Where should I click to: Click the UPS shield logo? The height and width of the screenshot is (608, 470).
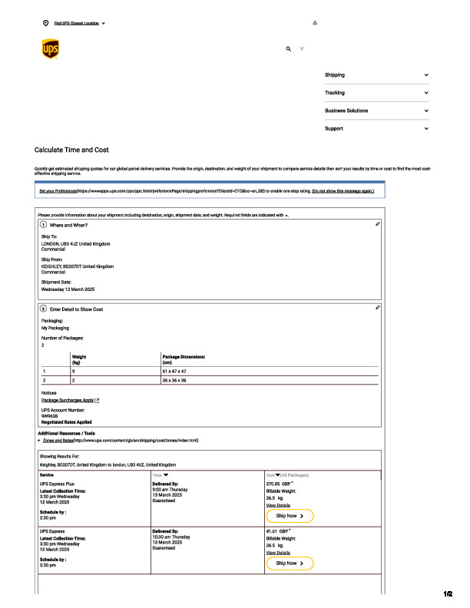[49, 49]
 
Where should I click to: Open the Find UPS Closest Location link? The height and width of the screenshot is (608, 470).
[74, 23]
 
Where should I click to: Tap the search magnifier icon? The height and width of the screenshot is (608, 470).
[289, 48]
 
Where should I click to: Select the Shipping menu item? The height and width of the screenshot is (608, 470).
[335, 75]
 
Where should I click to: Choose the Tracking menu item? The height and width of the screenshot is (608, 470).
[335, 93]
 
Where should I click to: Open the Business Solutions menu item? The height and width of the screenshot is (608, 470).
[346, 111]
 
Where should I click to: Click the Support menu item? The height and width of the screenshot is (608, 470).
[334, 128]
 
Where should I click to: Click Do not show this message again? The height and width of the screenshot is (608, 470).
[343, 190]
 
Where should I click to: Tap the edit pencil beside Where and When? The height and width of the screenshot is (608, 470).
[378, 224]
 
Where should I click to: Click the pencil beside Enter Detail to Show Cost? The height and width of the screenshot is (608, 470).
[378, 308]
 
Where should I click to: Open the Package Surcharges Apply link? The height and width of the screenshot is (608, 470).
[68, 400]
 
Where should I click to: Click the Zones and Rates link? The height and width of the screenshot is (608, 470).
[57, 441]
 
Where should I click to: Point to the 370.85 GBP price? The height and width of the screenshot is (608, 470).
[278, 484]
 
